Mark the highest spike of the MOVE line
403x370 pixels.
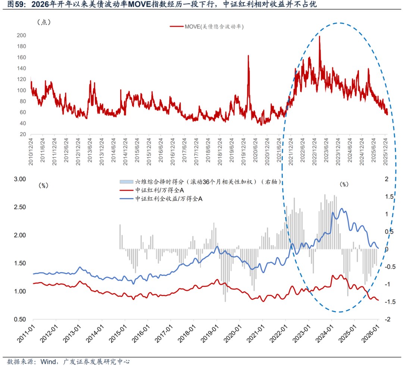pyautogui.click(x=320, y=36)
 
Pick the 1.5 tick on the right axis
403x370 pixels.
pyautogui.click(x=390, y=197)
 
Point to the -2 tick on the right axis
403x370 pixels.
pyautogui.click(x=388, y=320)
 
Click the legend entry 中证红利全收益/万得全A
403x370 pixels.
pyautogui.click(x=168, y=199)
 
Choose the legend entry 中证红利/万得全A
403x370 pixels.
pyautogui.click(x=160, y=191)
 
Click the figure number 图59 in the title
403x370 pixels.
pyautogui.click(x=15, y=4)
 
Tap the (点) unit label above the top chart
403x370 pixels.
pyautogui.click(x=44, y=22)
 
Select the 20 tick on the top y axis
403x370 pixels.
pyautogui.click(x=22, y=135)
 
